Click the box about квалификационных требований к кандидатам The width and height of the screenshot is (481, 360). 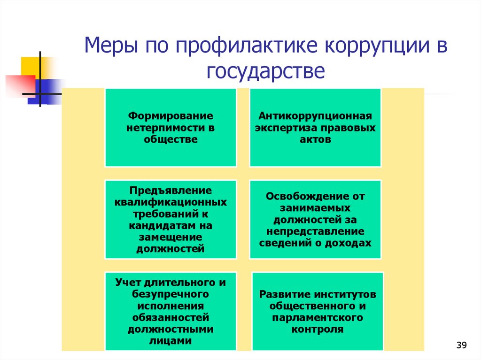[x=171, y=219]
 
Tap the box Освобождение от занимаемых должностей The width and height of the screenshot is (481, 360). [x=315, y=219]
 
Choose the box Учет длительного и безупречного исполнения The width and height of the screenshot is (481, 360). [x=171, y=311]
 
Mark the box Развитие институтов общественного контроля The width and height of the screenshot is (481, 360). [x=318, y=311]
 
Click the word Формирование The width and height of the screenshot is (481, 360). [x=171, y=115]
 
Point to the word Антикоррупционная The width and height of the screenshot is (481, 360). [x=315, y=115]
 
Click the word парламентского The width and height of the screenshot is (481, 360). [x=318, y=318]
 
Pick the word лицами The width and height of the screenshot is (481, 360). [x=171, y=341]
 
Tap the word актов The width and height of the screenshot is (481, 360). [x=315, y=139]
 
